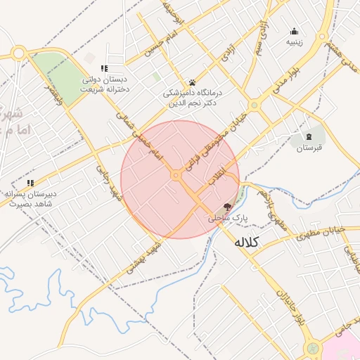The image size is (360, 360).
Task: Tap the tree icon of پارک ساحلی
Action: tap(226, 207)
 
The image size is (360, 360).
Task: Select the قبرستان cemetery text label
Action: tap(308, 148)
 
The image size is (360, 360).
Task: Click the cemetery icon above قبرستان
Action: tap(309, 136)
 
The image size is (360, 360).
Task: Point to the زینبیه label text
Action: tap(294, 42)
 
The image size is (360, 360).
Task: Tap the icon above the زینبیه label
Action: tap(294, 31)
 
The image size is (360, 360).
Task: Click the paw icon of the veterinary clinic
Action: tap(192, 82)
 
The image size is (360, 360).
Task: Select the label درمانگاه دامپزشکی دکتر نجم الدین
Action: tap(191, 98)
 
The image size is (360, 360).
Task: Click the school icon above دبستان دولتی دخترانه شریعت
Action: tap(104, 68)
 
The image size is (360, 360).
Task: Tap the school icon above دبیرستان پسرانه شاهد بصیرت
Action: tap(30, 184)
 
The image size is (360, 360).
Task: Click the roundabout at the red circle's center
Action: tap(175, 176)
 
